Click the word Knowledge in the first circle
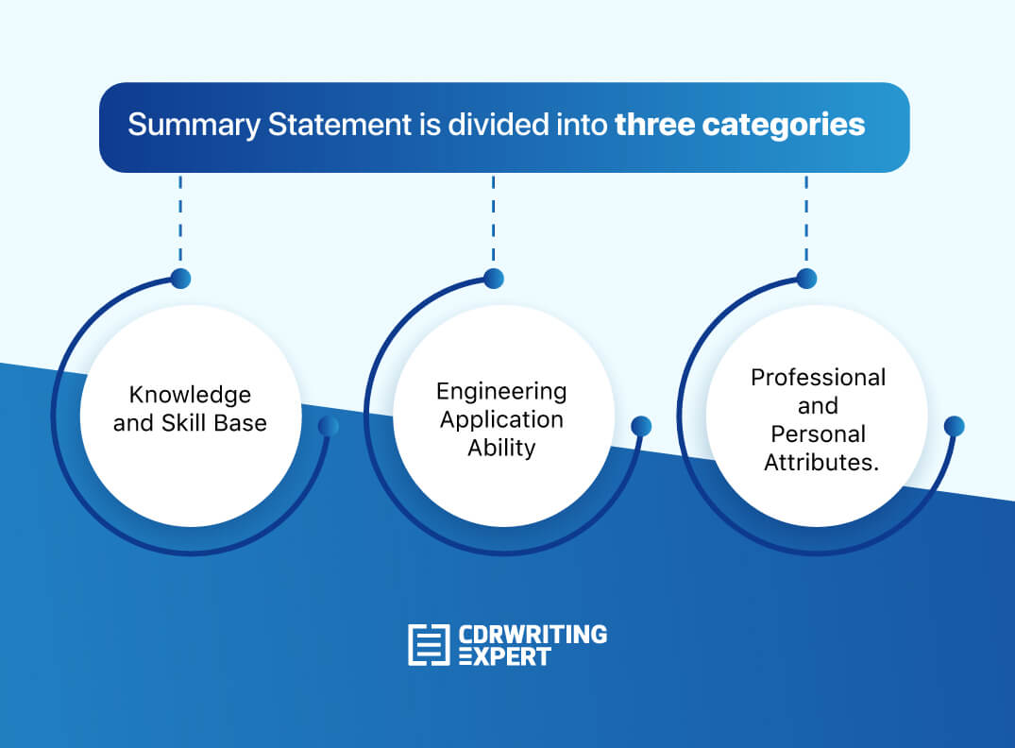point(190,394)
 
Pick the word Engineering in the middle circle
point(501,391)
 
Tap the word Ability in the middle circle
point(501,448)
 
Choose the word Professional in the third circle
point(818,378)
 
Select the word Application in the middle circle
point(501,419)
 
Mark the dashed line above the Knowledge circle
point(179,221)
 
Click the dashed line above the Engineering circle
point(493,221)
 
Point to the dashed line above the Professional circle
point(805,221)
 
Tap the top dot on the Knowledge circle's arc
point(180,279)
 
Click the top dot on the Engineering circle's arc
point(494,279)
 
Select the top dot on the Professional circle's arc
point(806,279)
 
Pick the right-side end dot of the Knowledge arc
point(329,426)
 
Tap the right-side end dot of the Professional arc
point(954,426)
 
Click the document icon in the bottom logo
point(429,644)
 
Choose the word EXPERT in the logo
point(504,657)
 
